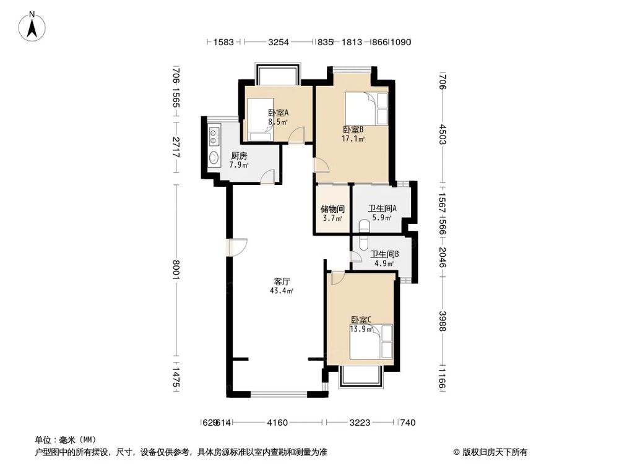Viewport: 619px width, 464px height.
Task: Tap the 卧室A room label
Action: click(x=278, y=113)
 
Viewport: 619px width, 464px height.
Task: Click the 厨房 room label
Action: click(x=240, y=156)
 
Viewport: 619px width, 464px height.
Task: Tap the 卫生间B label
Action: click(x=384, y=254)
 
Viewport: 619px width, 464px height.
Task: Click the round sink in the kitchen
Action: click(x=214, y=157)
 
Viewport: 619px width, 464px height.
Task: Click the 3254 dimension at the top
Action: click(x=278, y=42)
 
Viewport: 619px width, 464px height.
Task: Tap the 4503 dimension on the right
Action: click(x=442, y=135)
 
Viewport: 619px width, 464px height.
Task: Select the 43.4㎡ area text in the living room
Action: click(x=280, y=290)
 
